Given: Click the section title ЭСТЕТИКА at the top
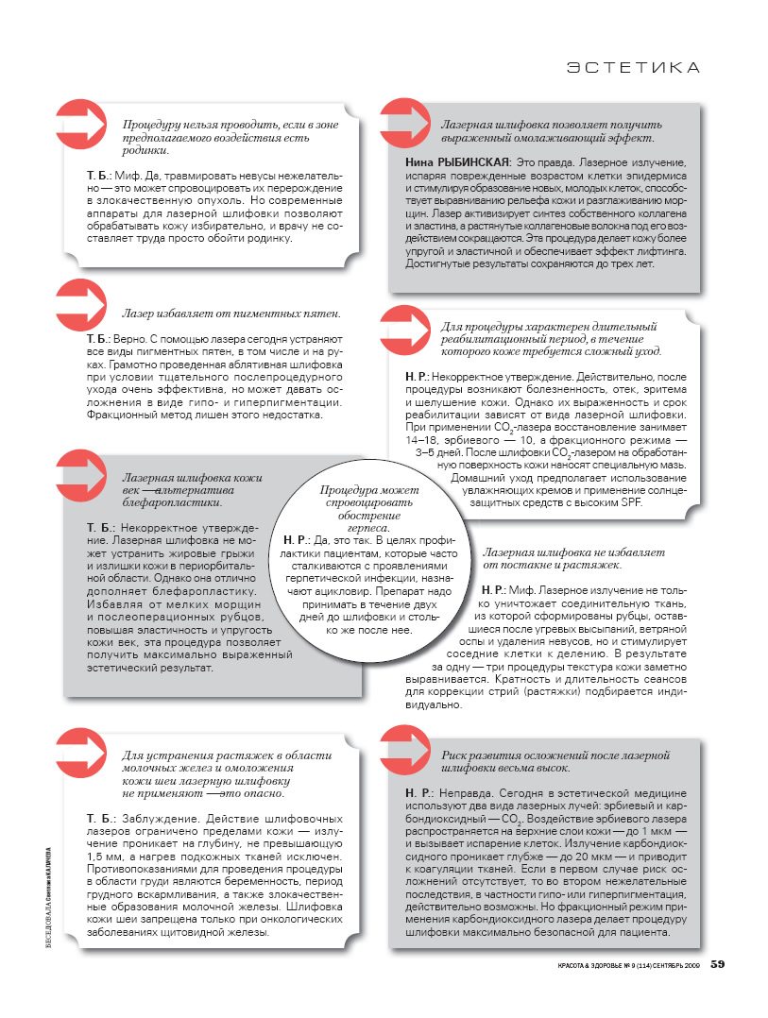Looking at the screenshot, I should click(x=633, y=68).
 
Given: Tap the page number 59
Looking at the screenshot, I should click(x=717, y=964).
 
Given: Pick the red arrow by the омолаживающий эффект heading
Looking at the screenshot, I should click(x=405, y=123).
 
